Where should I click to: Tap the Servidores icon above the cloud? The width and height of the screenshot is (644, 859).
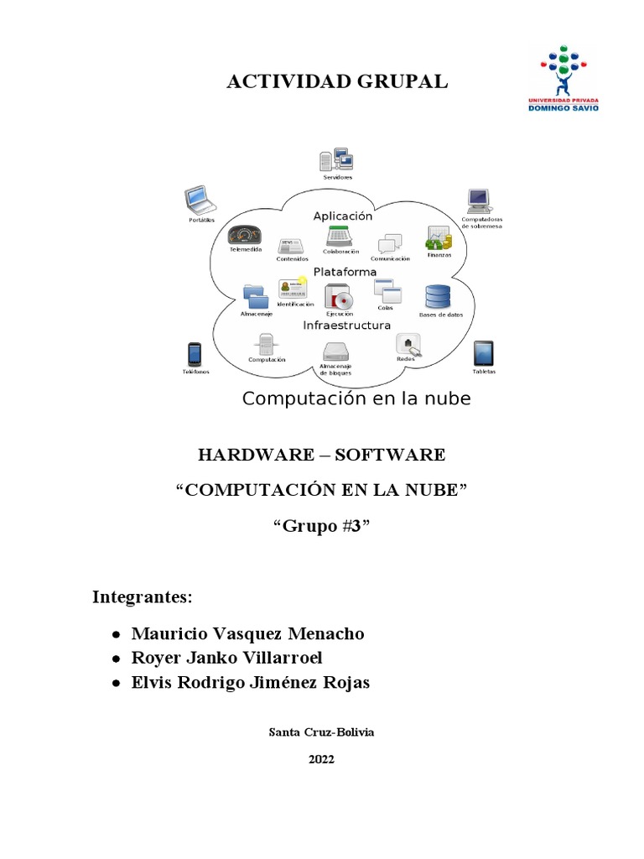click(x=337, y=160)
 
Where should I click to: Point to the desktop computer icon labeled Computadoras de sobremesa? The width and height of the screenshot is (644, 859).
click(x=479, y=201)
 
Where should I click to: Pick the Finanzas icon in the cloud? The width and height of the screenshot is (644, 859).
click(x=438, y=238)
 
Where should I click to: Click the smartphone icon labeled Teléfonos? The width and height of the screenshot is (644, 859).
click(x=195, y=354)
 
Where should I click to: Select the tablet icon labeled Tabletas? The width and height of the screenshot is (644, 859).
click(x=484, y=353)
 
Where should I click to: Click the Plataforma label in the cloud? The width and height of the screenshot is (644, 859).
click(x=345, y=273)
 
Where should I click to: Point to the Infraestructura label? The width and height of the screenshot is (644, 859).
click(x=346, y=325)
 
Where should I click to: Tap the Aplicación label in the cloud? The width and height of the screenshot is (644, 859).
click(x=343, y=216)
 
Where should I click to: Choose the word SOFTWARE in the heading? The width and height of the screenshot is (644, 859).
click(x=390, y=456)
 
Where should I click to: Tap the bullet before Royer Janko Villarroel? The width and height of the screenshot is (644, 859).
click(x=115, y=659)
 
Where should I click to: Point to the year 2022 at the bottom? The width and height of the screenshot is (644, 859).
click(x=321, y=759)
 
